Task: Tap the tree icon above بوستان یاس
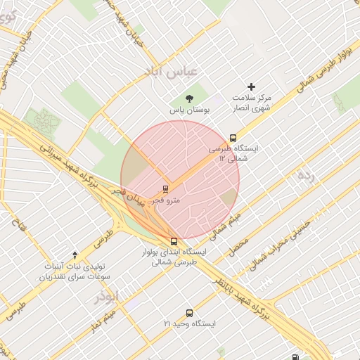[188, 98]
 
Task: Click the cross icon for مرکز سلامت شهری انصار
[251, 86]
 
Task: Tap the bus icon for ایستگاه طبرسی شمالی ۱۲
[233, 138]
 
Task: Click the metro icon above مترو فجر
[166, 188]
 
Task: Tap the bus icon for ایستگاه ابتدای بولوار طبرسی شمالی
[174, 241]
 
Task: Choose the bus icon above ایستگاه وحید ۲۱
[188, 313]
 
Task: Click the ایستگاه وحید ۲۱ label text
[188, 324]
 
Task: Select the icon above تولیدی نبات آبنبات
[75, 255]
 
